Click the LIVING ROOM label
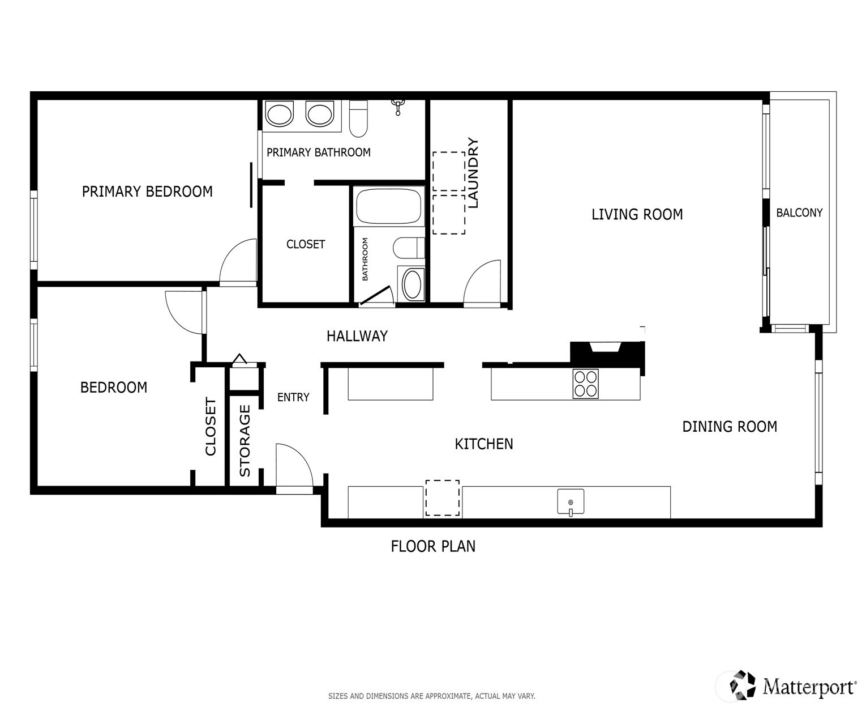[637, 214]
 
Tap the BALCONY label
[799, 212]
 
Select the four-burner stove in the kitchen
[586, 384]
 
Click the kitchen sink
[571, 501]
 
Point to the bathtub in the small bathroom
[388, 206]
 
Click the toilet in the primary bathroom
[358, 118]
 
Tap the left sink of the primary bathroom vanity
[279, 114]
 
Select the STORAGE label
[245, 440]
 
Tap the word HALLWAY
[357, 336]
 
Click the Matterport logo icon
[743, 685]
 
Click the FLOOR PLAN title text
[433, 546]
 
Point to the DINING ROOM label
[730, 426]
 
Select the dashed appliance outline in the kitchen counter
[442, 498]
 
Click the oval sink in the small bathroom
[411, 284]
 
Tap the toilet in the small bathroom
[409, 248]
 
